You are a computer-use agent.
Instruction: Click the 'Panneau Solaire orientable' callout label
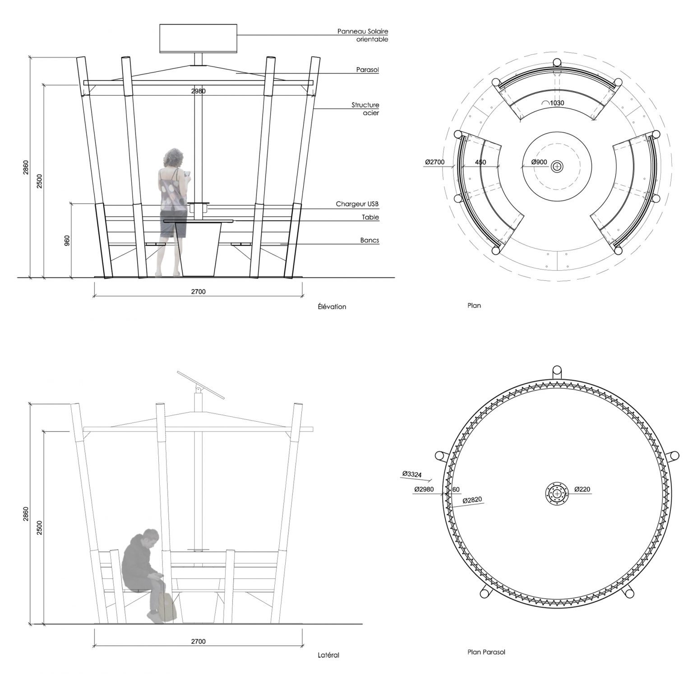363,35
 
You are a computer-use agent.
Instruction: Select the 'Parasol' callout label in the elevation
367,70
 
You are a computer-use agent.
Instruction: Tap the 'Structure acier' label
365,109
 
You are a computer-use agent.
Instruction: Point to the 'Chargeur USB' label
357,204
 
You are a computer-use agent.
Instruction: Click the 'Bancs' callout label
370,241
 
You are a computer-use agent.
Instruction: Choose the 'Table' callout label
370,217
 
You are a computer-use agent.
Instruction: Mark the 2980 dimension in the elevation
198,91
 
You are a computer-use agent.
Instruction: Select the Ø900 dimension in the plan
539,162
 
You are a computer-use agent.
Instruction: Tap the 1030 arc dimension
553,103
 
